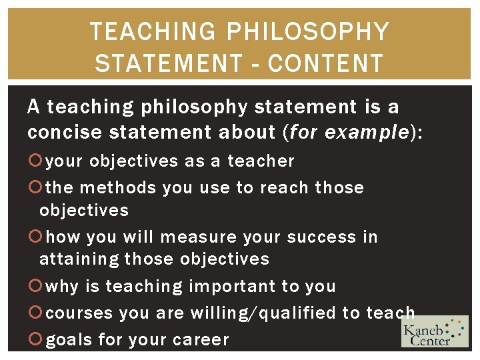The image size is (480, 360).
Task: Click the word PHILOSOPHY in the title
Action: tap(308, 31)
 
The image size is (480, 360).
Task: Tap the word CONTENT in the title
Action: tap(326, 63)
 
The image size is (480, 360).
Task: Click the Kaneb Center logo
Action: tap(435, 331)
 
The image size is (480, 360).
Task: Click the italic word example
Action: tap(366, 132)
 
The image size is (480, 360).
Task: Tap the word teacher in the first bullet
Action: tap(261, 161)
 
